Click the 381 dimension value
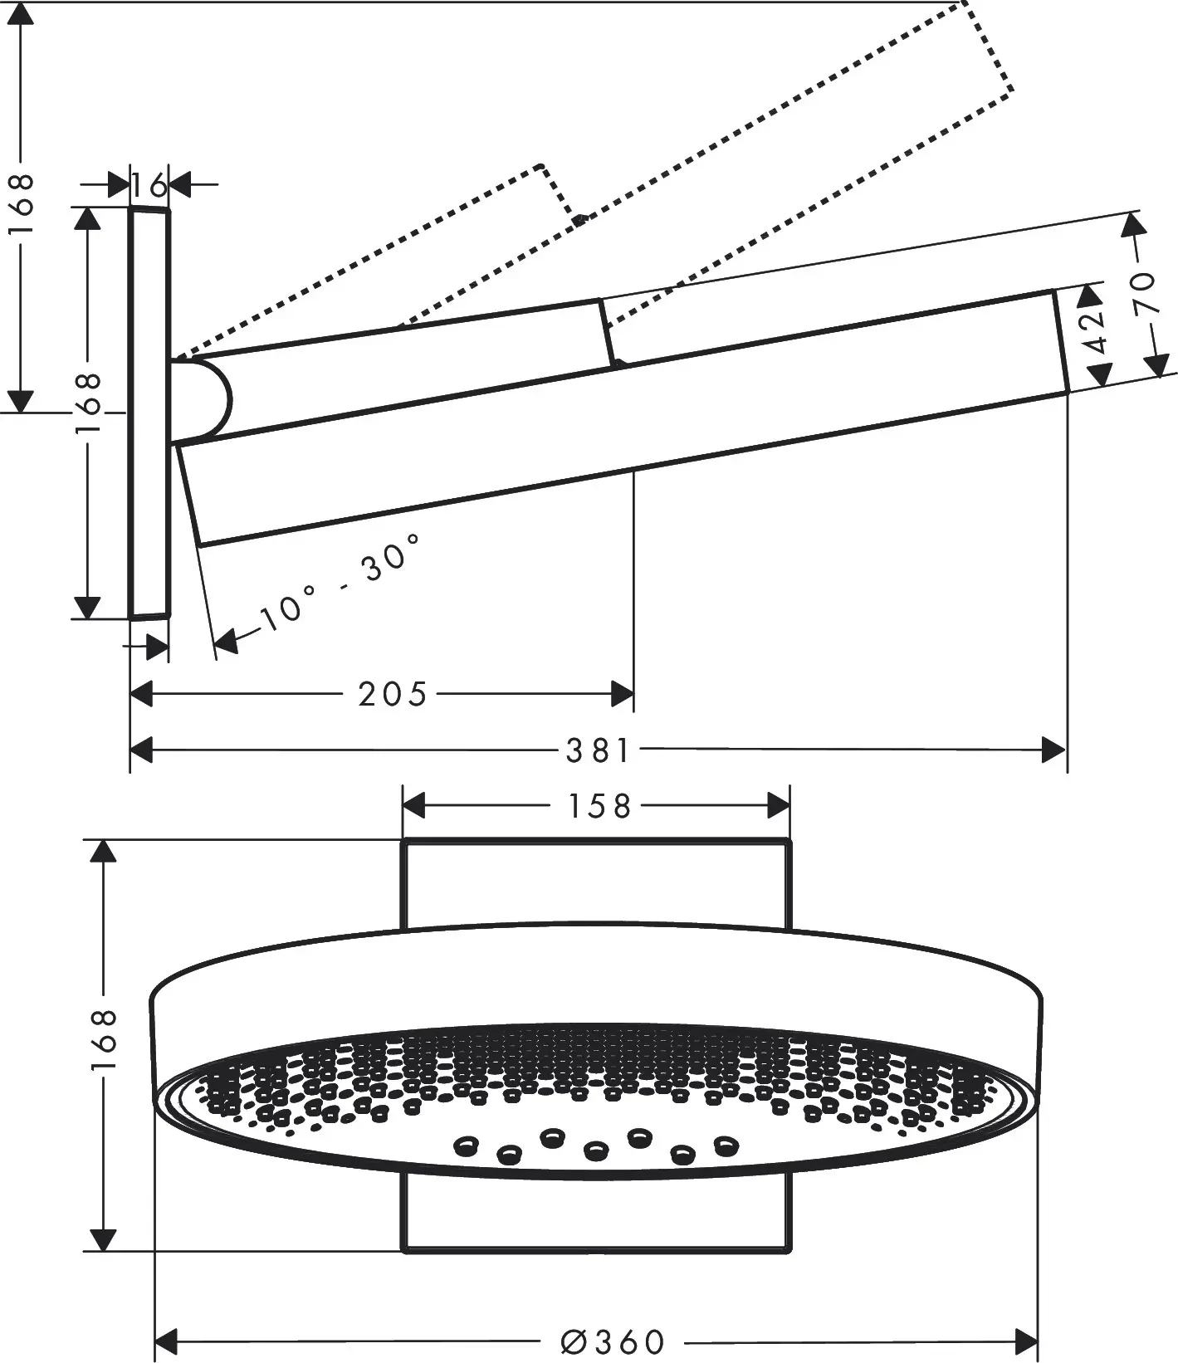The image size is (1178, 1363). click(598, 750)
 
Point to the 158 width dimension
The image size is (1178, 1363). click(599, 806)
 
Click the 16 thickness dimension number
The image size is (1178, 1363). click(149, 186)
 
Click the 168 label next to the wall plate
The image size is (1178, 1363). click(86, 403)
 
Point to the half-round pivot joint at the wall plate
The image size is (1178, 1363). click(203, 400)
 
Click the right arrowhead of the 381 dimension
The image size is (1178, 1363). click(1053, 750)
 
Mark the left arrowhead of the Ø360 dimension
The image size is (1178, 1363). click(169, 1340)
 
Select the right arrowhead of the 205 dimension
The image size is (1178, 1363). click(622, 694)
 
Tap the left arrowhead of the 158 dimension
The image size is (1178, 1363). click(413, 805)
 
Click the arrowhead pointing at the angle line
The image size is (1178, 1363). click(226, 640)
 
